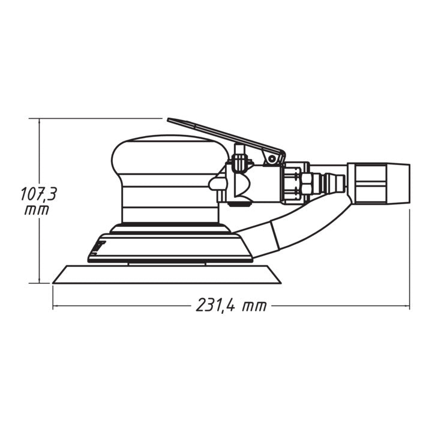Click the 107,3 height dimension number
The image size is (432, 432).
point(38,194)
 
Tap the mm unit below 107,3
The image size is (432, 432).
point(37,211)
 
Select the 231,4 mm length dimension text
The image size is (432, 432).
point(231,305)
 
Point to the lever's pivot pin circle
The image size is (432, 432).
point(272,158)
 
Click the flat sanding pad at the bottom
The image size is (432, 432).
point(167,274)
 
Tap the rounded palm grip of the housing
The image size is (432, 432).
point(169,154)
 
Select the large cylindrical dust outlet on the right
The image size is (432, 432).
point(379,184)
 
